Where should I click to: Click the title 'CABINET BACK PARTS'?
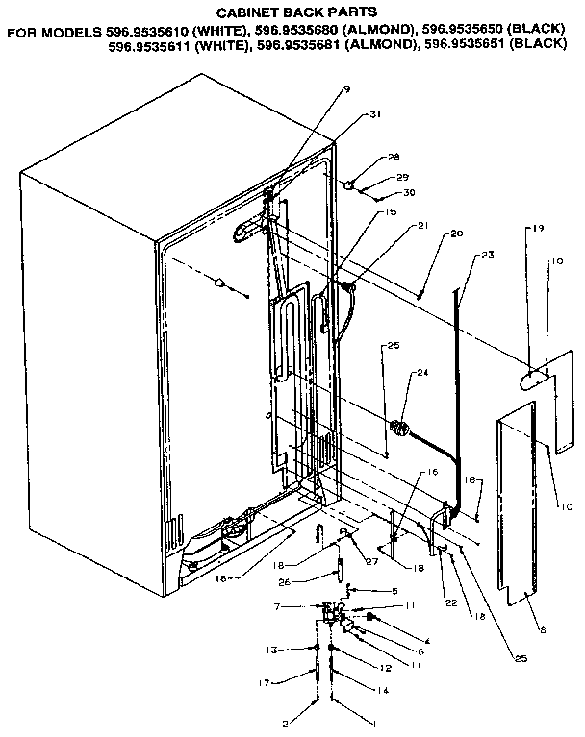click(294, 14)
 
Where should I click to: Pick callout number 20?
click(456, 233)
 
